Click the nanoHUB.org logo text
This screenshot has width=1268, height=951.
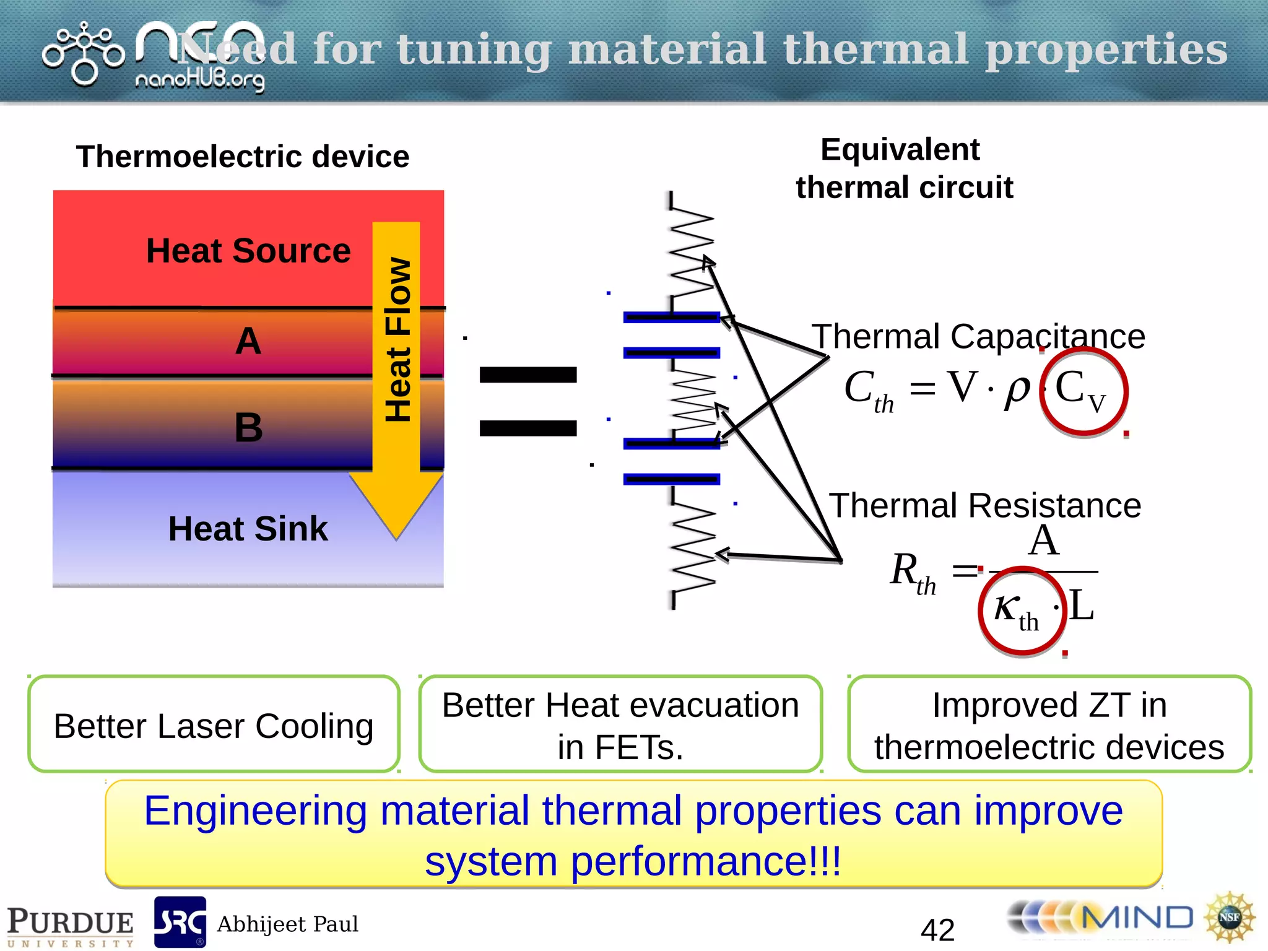coord(199,80)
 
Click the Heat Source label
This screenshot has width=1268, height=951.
coord(248,251)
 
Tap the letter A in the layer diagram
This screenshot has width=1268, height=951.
coord(248,341)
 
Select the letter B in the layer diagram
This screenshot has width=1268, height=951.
coord(248,427)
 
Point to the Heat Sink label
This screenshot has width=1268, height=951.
coord(248,529)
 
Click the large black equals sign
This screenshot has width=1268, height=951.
coord(528,401)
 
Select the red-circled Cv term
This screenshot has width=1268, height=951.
coord(1083,391)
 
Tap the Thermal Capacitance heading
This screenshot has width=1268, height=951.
coord(978,337)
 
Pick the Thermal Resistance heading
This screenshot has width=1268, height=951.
coord(984,505)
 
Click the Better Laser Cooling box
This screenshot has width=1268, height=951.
coord(214,724)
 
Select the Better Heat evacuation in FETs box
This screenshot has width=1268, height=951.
coord(620,724)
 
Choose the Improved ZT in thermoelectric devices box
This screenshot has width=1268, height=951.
coord(1049,724)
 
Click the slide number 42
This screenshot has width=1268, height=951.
coord(937,929)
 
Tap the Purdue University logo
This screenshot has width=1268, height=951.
coord(70,926)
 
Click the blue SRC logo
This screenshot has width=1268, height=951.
coord(180,922)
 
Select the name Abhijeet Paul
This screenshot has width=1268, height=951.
coord(287,924)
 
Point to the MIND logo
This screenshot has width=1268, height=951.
coord(1102,918)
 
